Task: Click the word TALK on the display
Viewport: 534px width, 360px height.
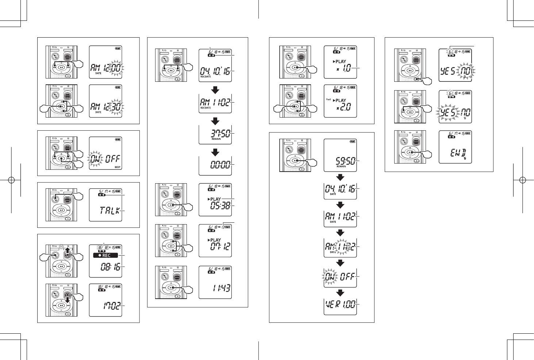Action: (110, 211)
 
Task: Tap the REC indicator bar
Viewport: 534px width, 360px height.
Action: (106, 255)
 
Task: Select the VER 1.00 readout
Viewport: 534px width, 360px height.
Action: (340, 304)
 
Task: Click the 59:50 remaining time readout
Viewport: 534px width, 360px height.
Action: (345, 161)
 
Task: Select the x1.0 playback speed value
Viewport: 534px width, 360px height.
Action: (343, 68)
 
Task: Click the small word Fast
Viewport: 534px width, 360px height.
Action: (329, 99)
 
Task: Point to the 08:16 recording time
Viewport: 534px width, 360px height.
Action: (110, 267)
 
